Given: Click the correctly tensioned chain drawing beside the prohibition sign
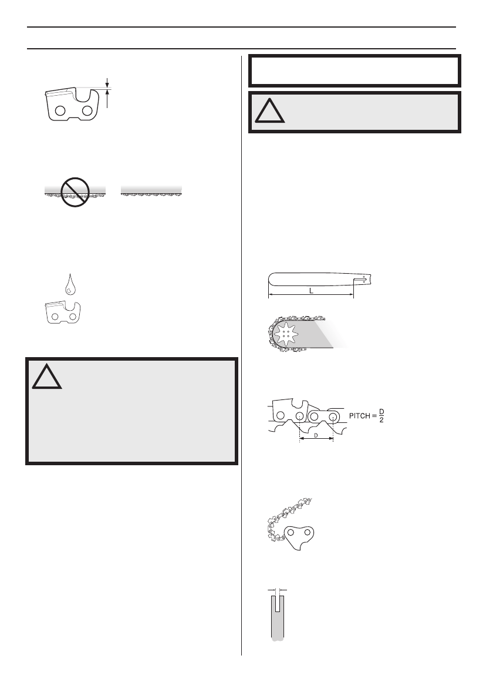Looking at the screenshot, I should coord(152,191).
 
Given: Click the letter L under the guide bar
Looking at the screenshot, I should coord(311,291).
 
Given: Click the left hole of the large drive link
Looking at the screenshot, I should coord(290,533).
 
